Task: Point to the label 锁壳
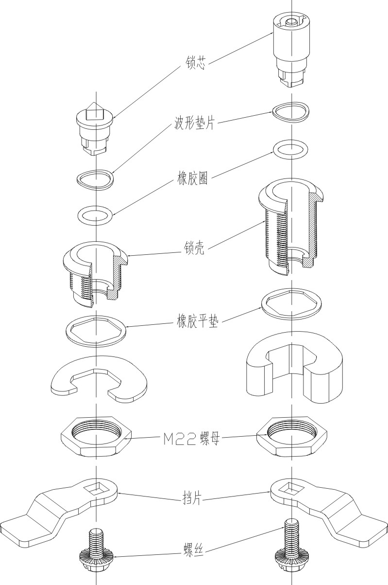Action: click(195, 249)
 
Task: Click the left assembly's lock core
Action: click(96, 129)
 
